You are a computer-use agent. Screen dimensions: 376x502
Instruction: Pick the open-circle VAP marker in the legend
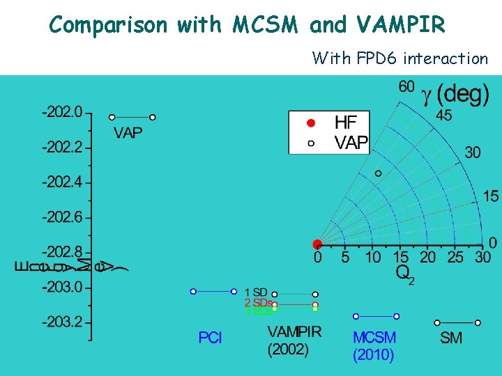(312, 143)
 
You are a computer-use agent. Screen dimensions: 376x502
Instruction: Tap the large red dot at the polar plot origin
(317, 244)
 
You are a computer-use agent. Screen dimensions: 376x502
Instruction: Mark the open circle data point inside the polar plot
(379, 173)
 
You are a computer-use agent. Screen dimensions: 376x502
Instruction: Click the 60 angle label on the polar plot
(406, 86)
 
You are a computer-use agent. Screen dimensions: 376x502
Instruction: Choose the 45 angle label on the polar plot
(443, 116)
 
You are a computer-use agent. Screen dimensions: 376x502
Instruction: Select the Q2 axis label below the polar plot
(405, 274)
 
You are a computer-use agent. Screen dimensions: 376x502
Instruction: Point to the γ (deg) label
(457, 93)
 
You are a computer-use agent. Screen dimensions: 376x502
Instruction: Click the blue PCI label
(211, 338)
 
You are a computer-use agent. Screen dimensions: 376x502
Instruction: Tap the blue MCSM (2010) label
(374, 346)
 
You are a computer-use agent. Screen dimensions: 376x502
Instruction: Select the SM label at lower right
(451, 338)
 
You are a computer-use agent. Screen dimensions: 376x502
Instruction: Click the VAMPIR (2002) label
(294, 340)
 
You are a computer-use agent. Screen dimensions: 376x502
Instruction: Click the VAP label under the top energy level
(129, 133)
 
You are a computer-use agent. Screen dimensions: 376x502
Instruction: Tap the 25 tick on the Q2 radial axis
(455, 258)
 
